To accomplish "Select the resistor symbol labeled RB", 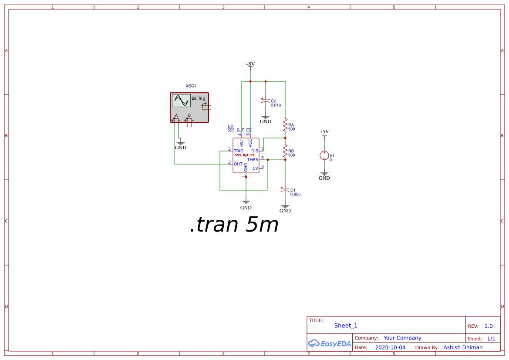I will (285, 152).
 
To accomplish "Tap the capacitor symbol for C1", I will (285, 190).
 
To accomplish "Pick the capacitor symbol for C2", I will (266, 101).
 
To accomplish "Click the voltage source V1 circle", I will (324, 155).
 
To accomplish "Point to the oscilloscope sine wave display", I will (181, 101).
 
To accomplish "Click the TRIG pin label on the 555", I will (239, 151).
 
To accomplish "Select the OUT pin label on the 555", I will (238, 164).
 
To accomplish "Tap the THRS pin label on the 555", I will (253, 160).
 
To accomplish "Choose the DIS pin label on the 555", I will (255, 151).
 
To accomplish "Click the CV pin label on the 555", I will (255, 168).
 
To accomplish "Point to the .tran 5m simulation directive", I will (234, 225).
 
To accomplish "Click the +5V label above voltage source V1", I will (324, 131).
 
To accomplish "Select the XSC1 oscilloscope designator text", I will (191, 86).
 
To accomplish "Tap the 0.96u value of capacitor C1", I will (296, 194).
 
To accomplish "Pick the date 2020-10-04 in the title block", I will (390, 347).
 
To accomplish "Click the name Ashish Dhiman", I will (463, 347).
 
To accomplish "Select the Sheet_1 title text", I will (346, 326).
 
